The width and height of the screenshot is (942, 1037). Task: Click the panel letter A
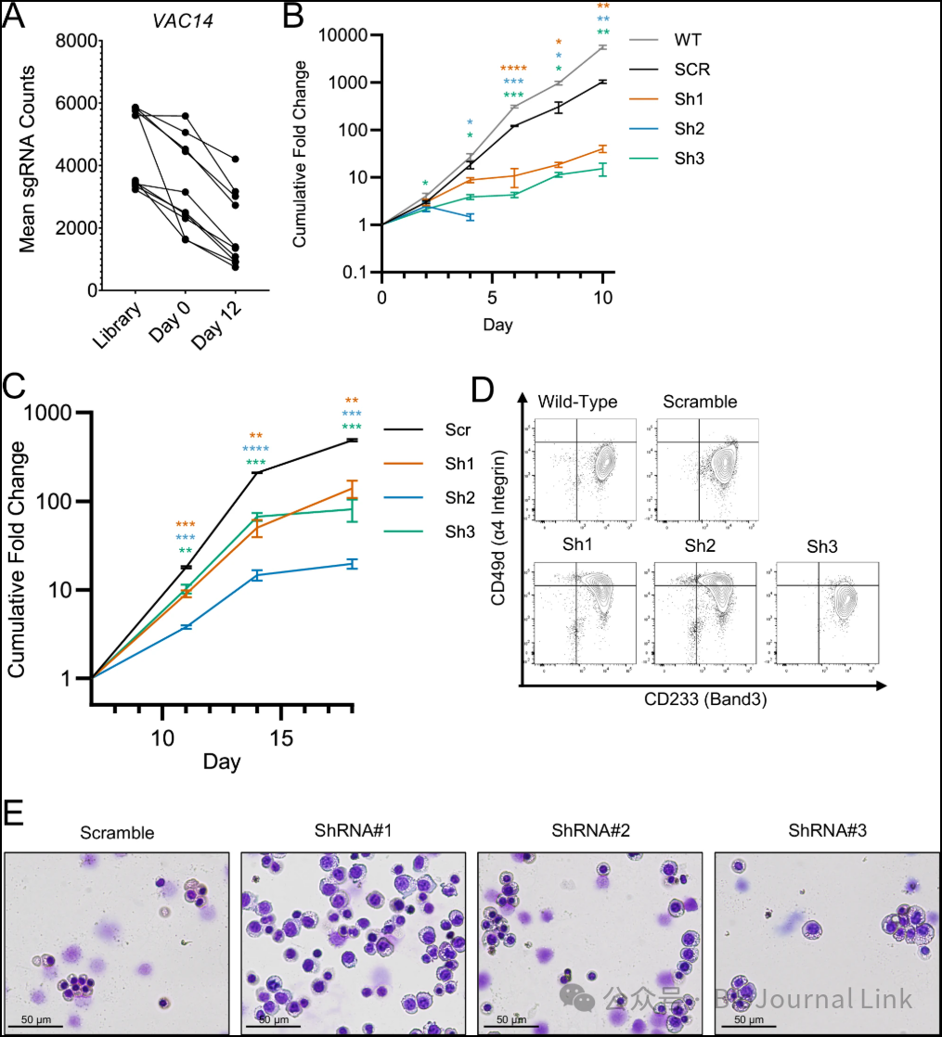[16, 16]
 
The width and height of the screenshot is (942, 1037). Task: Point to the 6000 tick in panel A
[78, 104]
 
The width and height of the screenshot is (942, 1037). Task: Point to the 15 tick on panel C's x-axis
[281, 737]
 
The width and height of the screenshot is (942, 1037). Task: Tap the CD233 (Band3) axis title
[702, 702]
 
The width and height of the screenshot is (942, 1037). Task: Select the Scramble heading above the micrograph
[117, 833]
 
